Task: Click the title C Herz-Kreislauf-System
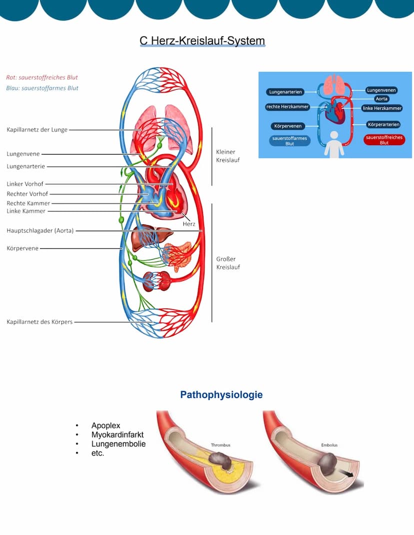202,41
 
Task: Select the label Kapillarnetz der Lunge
37,130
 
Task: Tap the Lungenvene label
23,154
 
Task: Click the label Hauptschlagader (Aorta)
40,231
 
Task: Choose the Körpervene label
22,248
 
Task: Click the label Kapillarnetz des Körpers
39,322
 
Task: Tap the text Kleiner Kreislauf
225,156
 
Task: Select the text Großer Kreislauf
228,263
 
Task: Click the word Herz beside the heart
189,224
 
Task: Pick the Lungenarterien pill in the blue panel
285,92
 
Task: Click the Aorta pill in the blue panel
381,99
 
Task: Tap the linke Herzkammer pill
382,108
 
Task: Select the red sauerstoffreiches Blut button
384,140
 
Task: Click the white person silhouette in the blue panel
333,144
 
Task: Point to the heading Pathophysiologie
221,395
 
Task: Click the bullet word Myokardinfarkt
118,435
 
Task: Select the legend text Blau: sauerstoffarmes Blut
42,88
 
